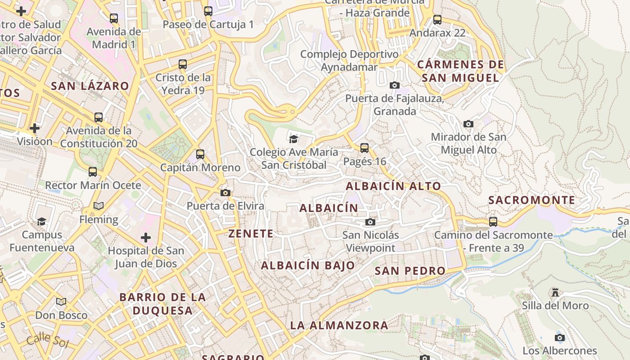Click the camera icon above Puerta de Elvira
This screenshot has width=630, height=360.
click(225, 193)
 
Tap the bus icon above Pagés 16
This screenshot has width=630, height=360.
click(364, 148)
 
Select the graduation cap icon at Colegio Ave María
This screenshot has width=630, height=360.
click(294, 139)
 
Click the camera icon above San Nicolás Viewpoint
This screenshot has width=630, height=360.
click(370, 222)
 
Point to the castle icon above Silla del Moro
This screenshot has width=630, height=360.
click(555, 292)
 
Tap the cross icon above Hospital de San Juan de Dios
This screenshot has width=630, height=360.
click(146, 237)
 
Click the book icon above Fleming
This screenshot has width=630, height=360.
click(99, 206)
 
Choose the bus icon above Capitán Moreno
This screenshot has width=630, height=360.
click(200, 154)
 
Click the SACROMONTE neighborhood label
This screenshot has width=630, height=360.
click(531, 200)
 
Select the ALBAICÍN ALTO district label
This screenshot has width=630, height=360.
click(393, 186)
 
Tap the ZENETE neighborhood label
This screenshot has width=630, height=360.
click(251, 234)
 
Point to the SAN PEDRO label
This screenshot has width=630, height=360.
click(410, 271)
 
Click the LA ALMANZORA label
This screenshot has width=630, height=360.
click(339, 325)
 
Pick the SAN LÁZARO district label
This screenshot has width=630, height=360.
click(90, 86)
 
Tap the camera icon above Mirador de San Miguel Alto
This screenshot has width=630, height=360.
click(468, 124)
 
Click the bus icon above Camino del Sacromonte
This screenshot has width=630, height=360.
click(493, 222)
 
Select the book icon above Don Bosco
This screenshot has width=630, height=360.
click(61, 302)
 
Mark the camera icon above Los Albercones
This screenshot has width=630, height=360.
click(560, 337)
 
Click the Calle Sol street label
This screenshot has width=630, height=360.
click(47, 340)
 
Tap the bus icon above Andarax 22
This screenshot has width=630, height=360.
click(437, 20)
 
